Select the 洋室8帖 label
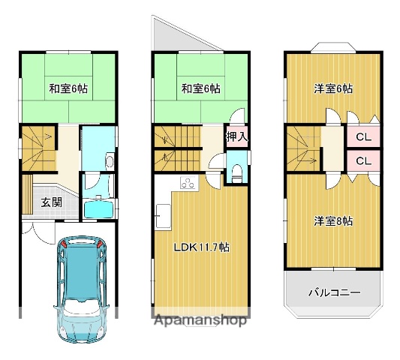[x=333, y=221]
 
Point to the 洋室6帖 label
[x=333, y=88]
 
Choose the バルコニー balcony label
[x=334, y=292]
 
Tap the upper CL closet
[x=362, y=137]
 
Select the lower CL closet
[x=362, y=161]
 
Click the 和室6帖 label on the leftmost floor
[x=68, y=88]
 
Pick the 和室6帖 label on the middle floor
[x=200, y=88]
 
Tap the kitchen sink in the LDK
[x=161, y=218]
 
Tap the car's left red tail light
[x=65, y=244]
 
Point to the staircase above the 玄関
[x=37, y=147]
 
